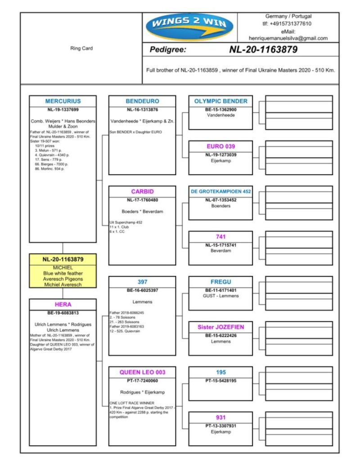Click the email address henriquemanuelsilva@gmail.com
click(x=288, y=38)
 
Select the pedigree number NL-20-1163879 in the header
click(x=263, y=50)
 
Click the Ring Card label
click(x=81, y=49)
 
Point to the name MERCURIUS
click(x=63, y=101)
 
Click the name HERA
click(x=63, y=304)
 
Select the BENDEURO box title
click(x=142, y=101)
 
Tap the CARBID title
click(x=142, y=191)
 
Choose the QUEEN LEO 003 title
click(x=142, y=372)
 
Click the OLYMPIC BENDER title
click(x=220, y=101)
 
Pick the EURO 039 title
click(x=220, y=146)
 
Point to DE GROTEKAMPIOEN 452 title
click(x=220, y=191)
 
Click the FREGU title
click(x=220, y=282)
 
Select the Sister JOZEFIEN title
click(x=220, y=327)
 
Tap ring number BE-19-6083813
click(x=63, y=312)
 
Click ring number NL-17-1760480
click(x=142, y=199)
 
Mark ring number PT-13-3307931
click(x=220, y=425)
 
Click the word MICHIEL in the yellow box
click(x=63, y=267)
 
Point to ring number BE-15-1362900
click(x=220, y=109)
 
